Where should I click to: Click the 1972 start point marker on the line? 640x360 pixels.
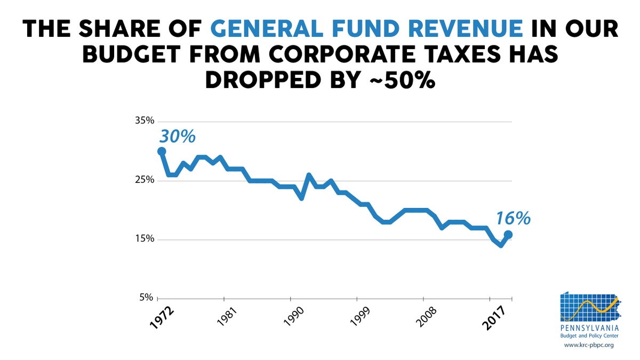click(x=161, y=151)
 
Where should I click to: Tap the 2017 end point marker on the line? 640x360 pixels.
click(x=508, y=234)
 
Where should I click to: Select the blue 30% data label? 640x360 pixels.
click(x=178, y=137)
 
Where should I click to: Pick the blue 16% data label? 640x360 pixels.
click(x=513, y=218)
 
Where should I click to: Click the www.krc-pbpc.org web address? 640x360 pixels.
click(x=588, y=345)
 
